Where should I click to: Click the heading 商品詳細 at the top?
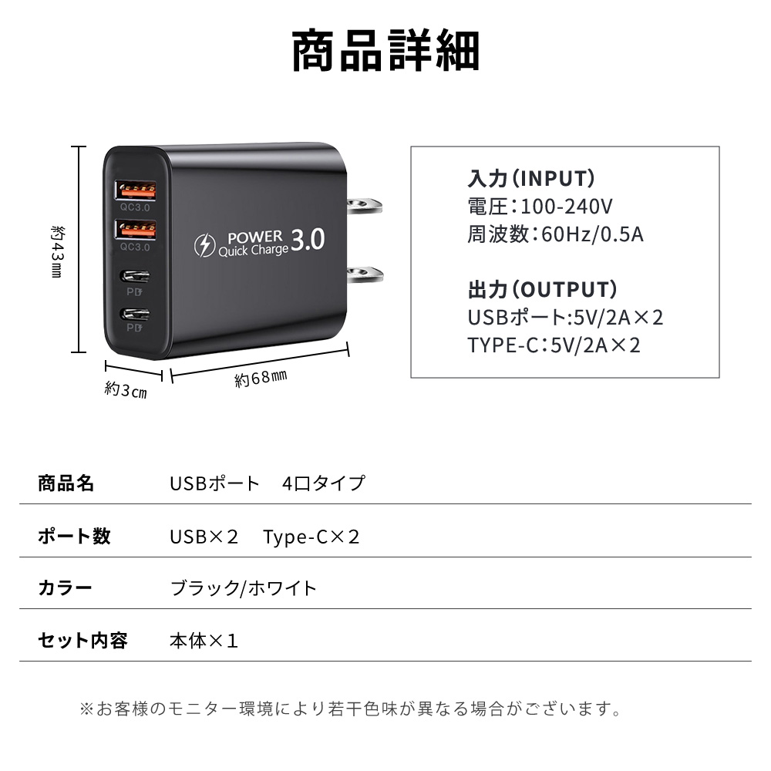point(385,51)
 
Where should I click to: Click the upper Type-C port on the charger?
point(136,274)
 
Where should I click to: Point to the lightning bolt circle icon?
point(204,246)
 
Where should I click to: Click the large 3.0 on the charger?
point(308,241)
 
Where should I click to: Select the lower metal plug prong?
point(365,273)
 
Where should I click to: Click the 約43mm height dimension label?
point(56,251)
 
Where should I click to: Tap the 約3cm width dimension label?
point(125,391)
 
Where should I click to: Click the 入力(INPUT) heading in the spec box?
point(531,179)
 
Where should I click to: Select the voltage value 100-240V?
point(567,206)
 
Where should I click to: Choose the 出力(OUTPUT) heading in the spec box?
point(542,290)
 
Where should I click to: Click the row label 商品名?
point(66,483)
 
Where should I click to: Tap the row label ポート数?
point(74,537)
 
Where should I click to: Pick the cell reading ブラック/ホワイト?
point(243,589)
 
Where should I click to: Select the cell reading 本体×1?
point(204,641)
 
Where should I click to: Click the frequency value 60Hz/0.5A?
point(592,234)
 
